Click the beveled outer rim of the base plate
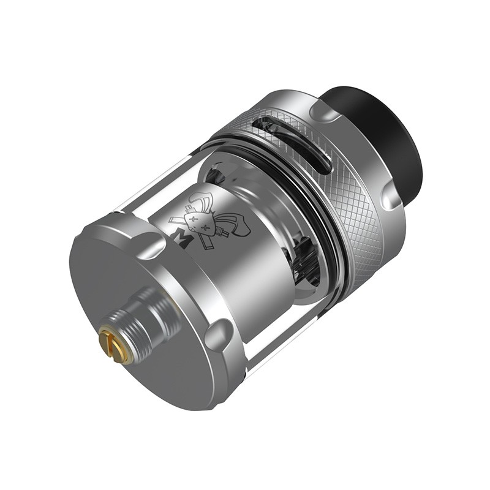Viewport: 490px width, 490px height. point(184,367)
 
